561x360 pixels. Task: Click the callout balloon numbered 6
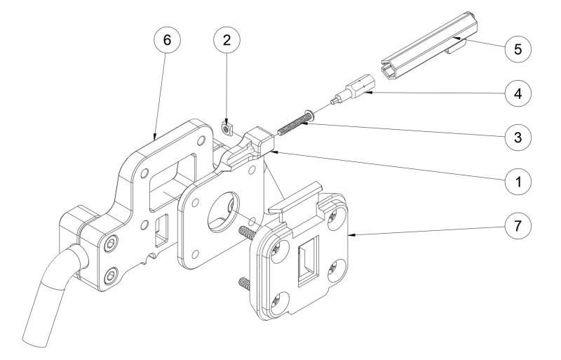click(166, 40)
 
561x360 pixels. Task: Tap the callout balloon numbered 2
click(226, 40)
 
